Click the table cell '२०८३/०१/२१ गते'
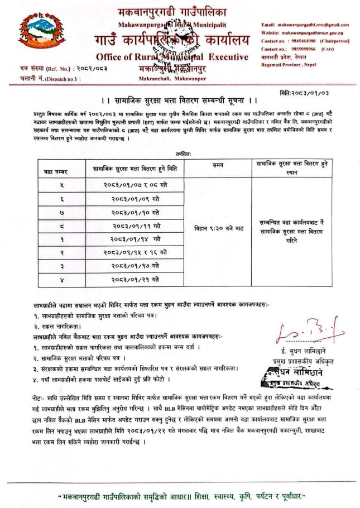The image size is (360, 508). [136, 279]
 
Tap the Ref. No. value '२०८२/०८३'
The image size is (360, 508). [93, 69]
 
